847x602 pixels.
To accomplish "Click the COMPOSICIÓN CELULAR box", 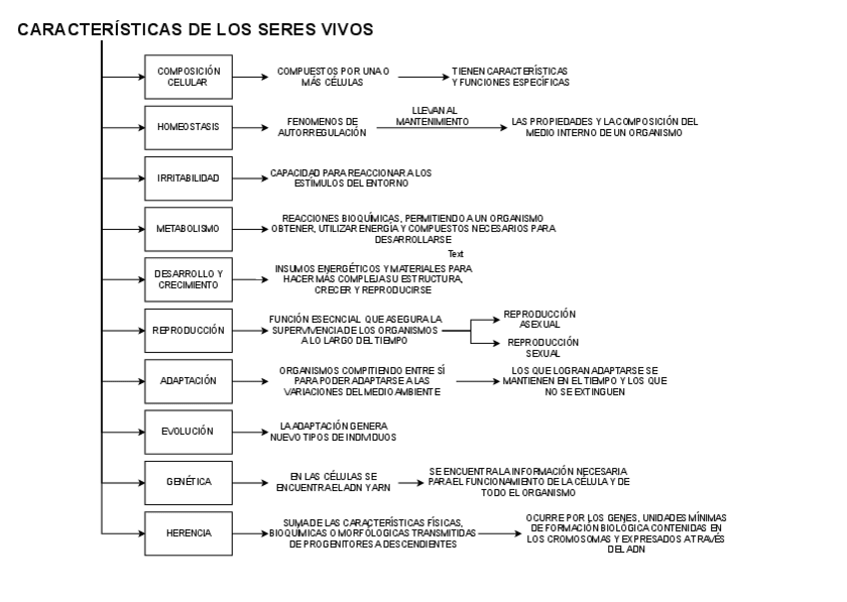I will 188,76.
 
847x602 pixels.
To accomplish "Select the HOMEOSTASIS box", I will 188,127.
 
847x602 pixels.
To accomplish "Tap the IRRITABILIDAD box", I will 188,178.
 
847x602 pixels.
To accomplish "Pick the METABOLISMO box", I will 188,228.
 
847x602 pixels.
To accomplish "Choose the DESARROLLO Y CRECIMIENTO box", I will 188,279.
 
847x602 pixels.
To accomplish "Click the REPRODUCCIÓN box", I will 188,330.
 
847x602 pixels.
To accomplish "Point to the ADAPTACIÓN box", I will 188,381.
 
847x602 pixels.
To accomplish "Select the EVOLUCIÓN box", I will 188,431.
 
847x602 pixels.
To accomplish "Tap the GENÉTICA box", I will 188,482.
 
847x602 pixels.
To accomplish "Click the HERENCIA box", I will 188,533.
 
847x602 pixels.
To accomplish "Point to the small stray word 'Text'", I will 456,254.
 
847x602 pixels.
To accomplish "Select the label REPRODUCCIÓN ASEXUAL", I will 539,318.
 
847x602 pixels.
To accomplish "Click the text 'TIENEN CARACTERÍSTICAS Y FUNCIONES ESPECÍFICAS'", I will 509,76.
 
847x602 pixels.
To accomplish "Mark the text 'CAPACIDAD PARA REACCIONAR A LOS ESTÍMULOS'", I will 351,178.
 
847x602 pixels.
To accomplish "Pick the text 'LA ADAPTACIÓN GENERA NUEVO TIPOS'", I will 339,431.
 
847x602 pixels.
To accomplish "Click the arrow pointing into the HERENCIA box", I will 124,533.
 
